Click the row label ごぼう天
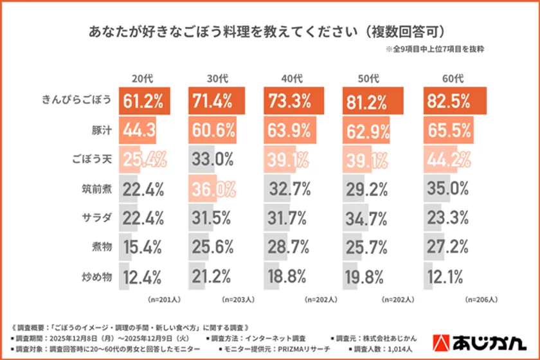pyautogui.click(x=94, y=160)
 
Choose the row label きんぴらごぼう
pyautogui.click(x=77, y=101)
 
